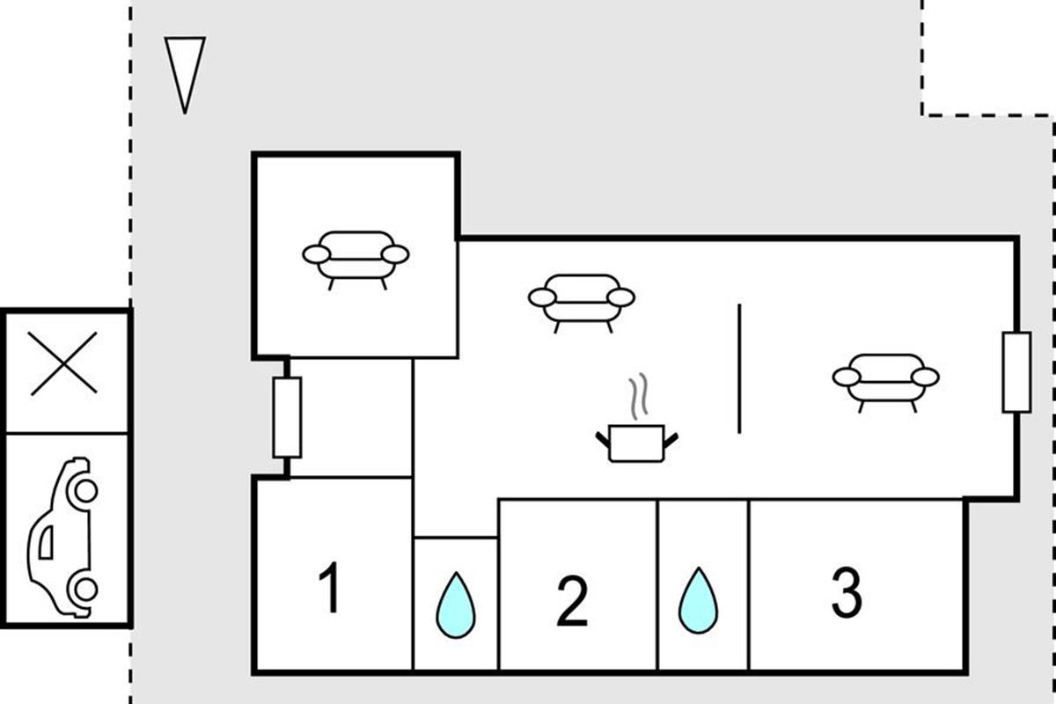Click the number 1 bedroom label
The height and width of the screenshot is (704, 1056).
click(330, 589)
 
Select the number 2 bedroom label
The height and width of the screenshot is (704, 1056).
click(572, 603)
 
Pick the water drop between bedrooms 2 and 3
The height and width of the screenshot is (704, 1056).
click(699, 600)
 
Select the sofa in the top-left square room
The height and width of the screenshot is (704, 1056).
click(356, 256)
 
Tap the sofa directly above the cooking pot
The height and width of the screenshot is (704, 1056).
click(581, 299)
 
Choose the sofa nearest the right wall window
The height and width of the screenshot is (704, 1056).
click(885, 378)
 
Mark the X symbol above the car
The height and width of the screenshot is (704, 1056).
click(63, 363)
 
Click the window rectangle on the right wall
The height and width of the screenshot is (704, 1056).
click(1016, 372)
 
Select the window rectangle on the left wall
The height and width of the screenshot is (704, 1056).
click(287, 417)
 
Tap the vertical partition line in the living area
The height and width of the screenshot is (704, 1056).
click(739, 369)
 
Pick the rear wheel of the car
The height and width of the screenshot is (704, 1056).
click(84, 588)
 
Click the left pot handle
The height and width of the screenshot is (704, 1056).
click(603, 436)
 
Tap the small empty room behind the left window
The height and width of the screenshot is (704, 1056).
click(352, 417)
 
